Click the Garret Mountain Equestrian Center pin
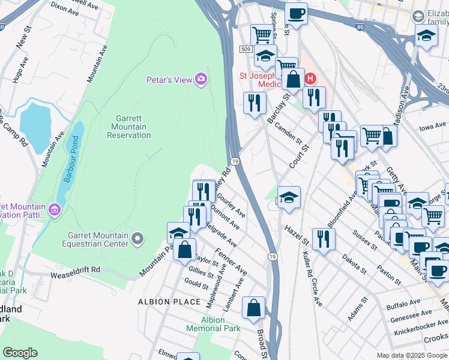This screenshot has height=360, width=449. pos(137,239)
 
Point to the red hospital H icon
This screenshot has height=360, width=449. pos(310,79)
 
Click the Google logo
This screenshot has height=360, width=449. pos(20,352)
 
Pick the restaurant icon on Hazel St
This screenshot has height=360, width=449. pos(323,239)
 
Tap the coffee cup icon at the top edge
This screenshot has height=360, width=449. pos(295,13)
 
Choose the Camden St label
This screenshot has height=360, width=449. pos(289,133)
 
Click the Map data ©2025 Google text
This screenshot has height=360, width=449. pos(412,355)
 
